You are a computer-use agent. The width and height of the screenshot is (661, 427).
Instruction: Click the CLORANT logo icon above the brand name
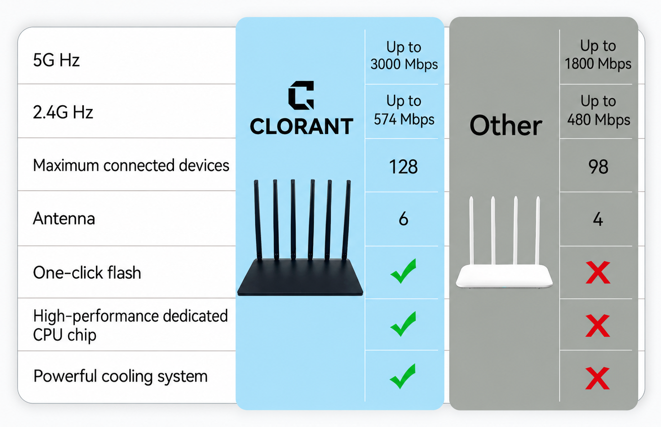pyautogui.click(x=301, y=95)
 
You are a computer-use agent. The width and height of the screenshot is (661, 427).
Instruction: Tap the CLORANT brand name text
pyautogui.click(x=301, y=126)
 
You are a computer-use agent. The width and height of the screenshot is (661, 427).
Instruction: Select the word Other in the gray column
pyautogui.click(x=506, y=125)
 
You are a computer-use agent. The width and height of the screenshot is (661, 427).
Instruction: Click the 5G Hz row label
pyautogui.click(x=56, y=60)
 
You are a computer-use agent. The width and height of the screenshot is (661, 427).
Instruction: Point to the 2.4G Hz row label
pyautogui.click(x=63, y=112)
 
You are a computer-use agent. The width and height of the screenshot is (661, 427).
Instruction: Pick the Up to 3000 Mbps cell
pyautogui.click(x=404, y=56)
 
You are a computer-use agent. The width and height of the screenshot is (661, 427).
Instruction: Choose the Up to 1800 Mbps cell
pyautogui.click(x=598, y=55)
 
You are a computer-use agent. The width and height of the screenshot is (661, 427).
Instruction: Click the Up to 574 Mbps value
pyautogui.click(x=404, y=110)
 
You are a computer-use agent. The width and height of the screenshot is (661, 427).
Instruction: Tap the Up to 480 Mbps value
pyautogui.click(x=598, y=110)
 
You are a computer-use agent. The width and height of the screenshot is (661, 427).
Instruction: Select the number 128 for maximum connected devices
pyautogui.click(x=403, y=167)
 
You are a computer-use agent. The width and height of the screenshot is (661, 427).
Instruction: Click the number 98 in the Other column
pyautogui.click(x=598, y=167)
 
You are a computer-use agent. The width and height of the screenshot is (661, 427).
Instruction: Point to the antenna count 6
pyautogui.click(x=404, y=219)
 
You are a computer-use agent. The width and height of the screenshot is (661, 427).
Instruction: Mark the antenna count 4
pyautogui.click(x=598, y=219)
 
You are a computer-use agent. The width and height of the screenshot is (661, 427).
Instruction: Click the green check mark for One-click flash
pyautogui.click(x=403, y=271)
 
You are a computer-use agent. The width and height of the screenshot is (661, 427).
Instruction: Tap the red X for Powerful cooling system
pyautogui.click(x=598, y=378)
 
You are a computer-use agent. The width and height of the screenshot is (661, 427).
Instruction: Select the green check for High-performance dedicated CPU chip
pyautogui.click(x=403, y=323)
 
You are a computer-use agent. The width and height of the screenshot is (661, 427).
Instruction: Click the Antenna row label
pyautogui.click(x=64, y=219)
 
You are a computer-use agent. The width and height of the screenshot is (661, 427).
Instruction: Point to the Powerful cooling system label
pyautogui.click(x=121, y=376)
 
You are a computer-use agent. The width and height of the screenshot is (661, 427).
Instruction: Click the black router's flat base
pyautogui.click(x=300, y=277)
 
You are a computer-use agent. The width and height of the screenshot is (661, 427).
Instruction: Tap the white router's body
pyautogui.click(x=504, y=276)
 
